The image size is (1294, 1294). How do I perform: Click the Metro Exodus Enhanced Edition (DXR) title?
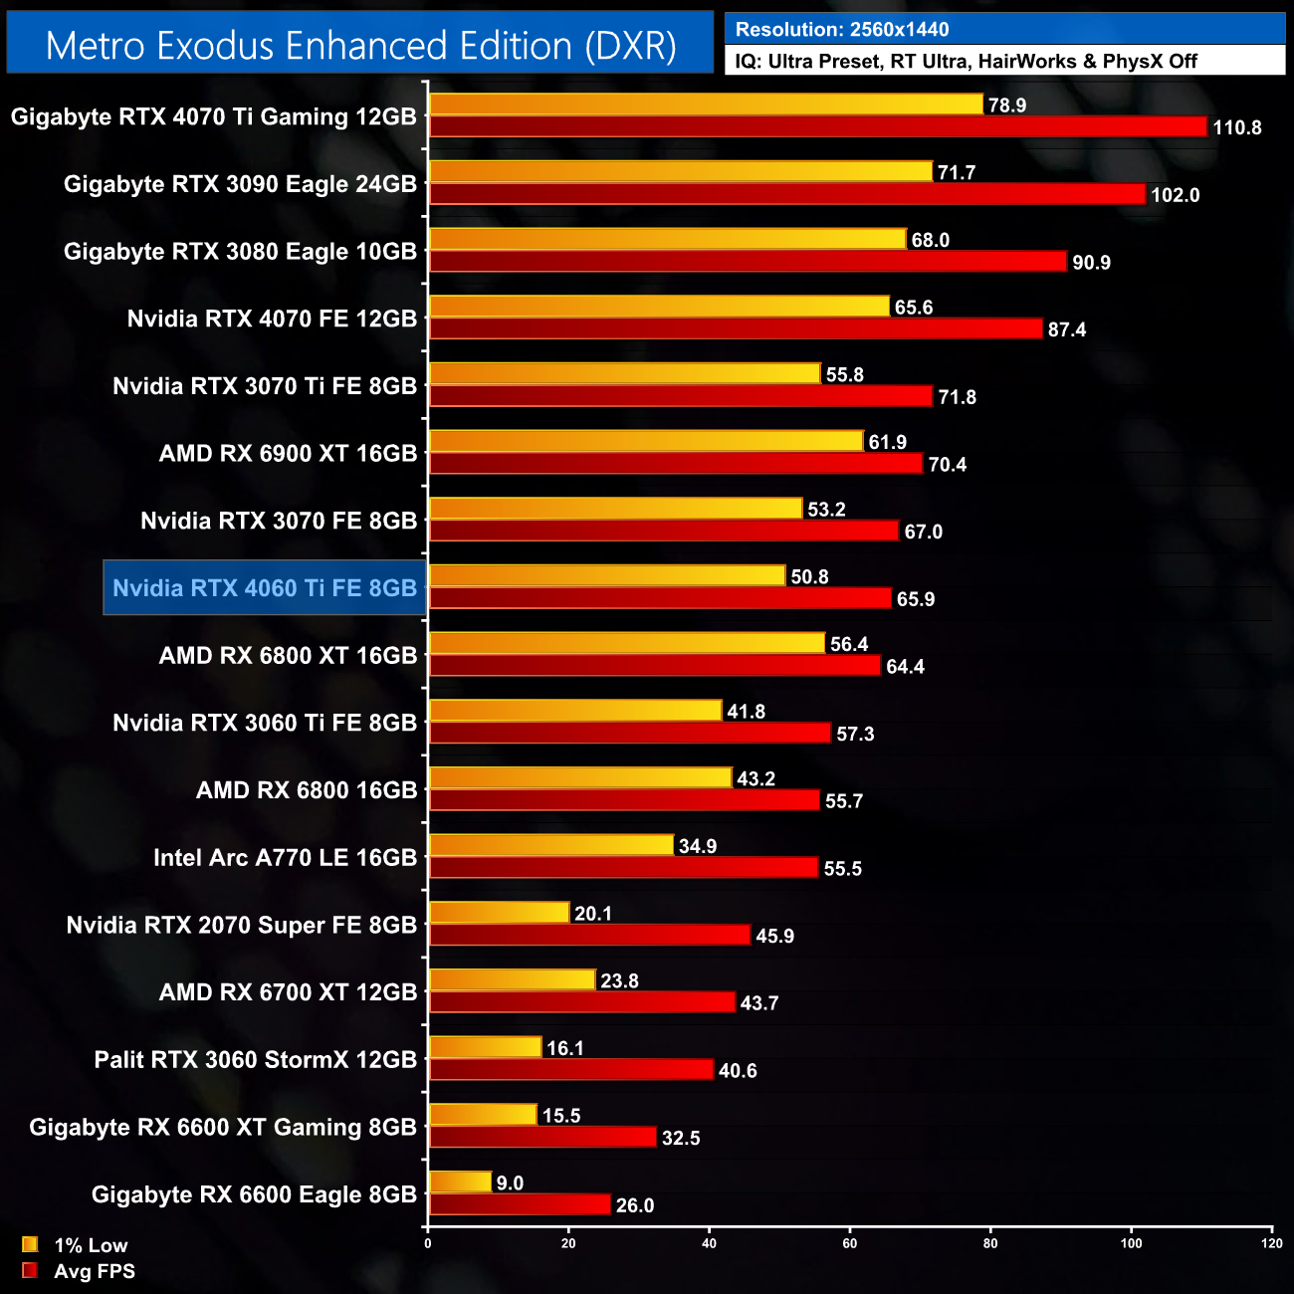360,46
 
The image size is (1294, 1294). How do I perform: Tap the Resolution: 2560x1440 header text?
842,30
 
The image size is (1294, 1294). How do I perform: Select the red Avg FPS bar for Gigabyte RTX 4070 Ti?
817,126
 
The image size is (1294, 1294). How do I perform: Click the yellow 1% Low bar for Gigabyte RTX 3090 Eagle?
681,172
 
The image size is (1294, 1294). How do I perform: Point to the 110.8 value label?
1236,127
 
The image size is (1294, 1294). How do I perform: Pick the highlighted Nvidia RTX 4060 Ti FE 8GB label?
265,588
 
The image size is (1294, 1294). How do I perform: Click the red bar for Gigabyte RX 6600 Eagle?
520,1204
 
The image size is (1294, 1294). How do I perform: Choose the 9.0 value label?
510,1183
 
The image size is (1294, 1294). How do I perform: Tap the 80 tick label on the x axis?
990,1243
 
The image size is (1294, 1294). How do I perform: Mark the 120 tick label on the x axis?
1271,1243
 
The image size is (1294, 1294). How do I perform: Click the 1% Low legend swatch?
30,1244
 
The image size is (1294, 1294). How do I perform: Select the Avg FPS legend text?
95,1271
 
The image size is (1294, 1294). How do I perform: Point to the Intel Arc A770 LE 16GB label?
285,858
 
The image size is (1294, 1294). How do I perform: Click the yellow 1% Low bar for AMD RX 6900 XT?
646,441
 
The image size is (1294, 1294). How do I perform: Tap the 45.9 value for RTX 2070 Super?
774,936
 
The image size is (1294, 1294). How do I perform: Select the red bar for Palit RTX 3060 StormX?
571,1070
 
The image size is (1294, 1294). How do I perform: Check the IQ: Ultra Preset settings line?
966,62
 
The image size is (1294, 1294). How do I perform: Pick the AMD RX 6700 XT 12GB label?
288,992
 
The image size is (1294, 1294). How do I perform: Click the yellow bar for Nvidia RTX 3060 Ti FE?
575,711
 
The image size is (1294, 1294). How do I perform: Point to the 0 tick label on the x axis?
428,1243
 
